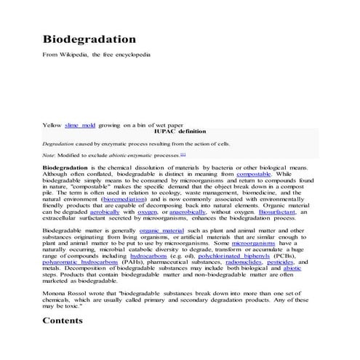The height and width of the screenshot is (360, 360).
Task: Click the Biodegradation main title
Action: tap(89, 39)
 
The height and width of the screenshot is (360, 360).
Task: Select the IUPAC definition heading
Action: tap(180, 132)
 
